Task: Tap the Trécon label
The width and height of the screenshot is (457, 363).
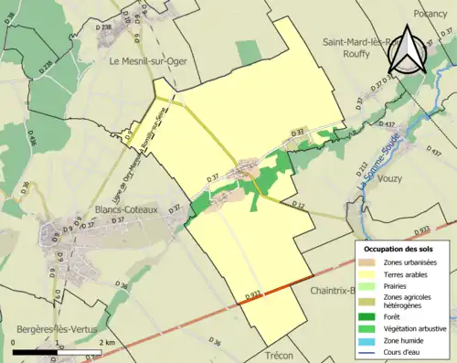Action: pyautogui.click(x=284, y=354)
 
